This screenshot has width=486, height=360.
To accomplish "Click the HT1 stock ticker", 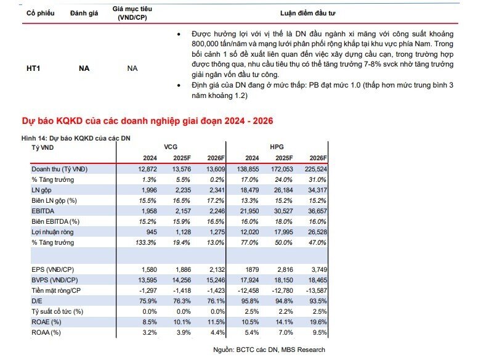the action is (x=33, y=68).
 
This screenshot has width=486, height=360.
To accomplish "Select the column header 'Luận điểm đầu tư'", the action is (x=307, y=13).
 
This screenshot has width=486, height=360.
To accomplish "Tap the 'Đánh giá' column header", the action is (x=84, y=13).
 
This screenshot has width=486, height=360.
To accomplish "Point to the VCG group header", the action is (x=171, y=147).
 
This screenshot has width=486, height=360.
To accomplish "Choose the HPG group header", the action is (x=277, y=147).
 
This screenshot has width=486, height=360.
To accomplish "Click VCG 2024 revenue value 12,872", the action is (x=147, y=169).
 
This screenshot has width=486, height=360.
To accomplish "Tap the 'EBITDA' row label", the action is (x=43, y=211).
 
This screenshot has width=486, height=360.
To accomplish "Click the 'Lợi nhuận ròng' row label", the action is (x=52, y=232).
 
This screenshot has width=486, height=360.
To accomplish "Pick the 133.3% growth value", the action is (x=145, y=242).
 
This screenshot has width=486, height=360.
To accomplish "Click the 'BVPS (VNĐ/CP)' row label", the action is (x=55, y=280).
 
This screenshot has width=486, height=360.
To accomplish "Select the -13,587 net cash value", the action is (x=317, y=290).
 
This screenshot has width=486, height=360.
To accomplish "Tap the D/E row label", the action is (x=37, y=301).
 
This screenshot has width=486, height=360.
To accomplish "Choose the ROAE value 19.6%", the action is (x=318, y=322).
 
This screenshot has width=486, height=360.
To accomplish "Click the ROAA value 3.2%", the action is (x=150, y=332).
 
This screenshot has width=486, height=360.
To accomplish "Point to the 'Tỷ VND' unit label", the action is (x=43, y=147).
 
